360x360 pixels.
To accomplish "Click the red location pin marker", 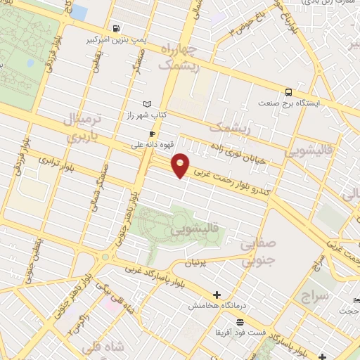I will pyautogui.click(x=181, y=165).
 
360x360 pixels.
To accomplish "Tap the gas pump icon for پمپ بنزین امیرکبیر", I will pyautogui.click(x=114, y=29).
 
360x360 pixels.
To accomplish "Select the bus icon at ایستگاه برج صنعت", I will pyautogui.click(x=288, y=92).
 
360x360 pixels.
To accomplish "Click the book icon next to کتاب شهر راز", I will pyautogui.click(x=147, y=104).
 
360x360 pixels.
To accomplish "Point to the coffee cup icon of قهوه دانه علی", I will pyautogui.click(x=152, y=134).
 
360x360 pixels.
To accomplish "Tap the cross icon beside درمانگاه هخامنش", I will pyautogui.click(x=217, y=295).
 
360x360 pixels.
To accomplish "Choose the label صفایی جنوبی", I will pyautogui.click(x=258, y=251).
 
